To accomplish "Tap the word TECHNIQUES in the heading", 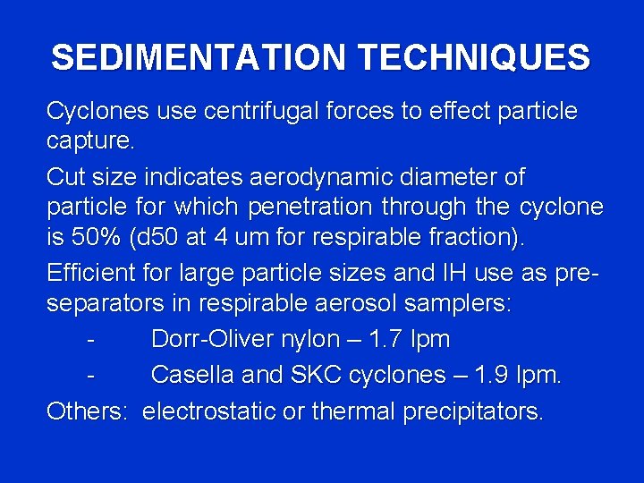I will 474,58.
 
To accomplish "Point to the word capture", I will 89,141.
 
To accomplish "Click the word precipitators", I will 473,411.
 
